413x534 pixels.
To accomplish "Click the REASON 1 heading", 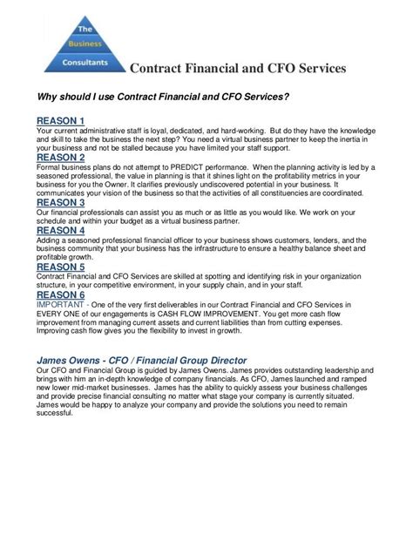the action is coord(60,120).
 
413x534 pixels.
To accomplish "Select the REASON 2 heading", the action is coord(60,158).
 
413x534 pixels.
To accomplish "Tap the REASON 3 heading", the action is coord(60,203).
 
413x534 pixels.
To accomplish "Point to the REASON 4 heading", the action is coord(60,231).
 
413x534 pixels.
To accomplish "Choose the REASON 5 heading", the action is coord(60,267).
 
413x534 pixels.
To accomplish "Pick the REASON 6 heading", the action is coord(60,295).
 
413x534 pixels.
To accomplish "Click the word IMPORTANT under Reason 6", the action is coord(59,306).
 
